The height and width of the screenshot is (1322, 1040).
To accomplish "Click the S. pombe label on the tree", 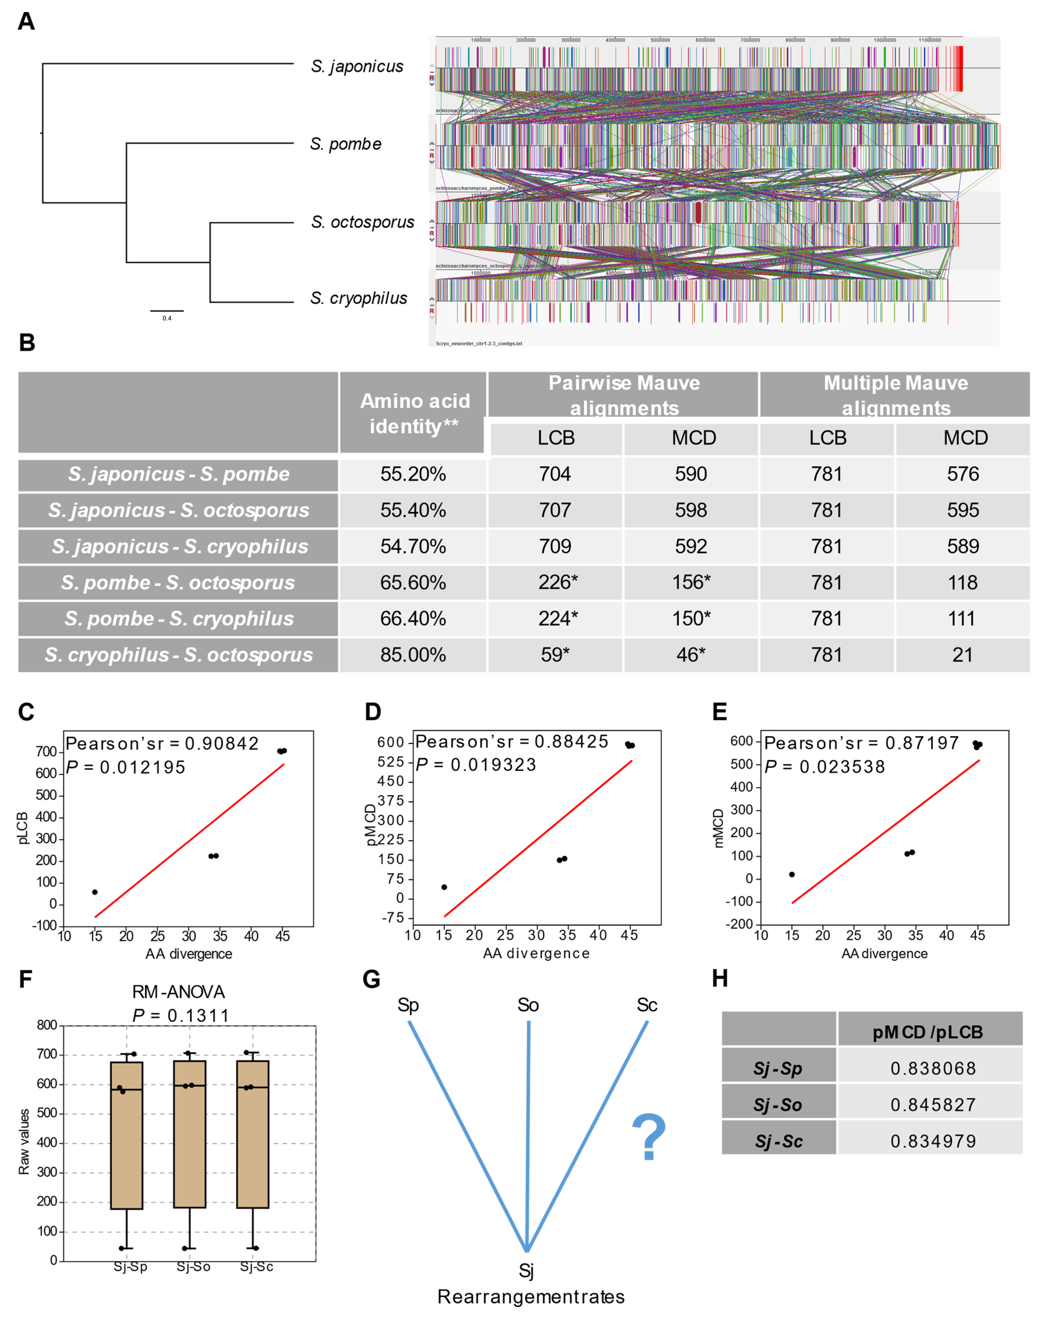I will point(346,144).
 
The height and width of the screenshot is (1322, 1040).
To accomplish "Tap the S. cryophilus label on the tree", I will point(359,298).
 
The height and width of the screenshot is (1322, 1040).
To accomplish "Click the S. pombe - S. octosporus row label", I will point(178,582).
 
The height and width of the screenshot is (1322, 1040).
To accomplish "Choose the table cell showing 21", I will point(962,655).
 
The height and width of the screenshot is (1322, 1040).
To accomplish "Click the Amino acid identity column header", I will point(414,413).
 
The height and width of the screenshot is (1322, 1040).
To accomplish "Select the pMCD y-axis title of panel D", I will point(370,825).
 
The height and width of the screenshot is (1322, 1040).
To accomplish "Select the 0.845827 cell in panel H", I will point(933,1105).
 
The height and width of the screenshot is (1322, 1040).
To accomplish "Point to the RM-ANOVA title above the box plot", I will point(178,992).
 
